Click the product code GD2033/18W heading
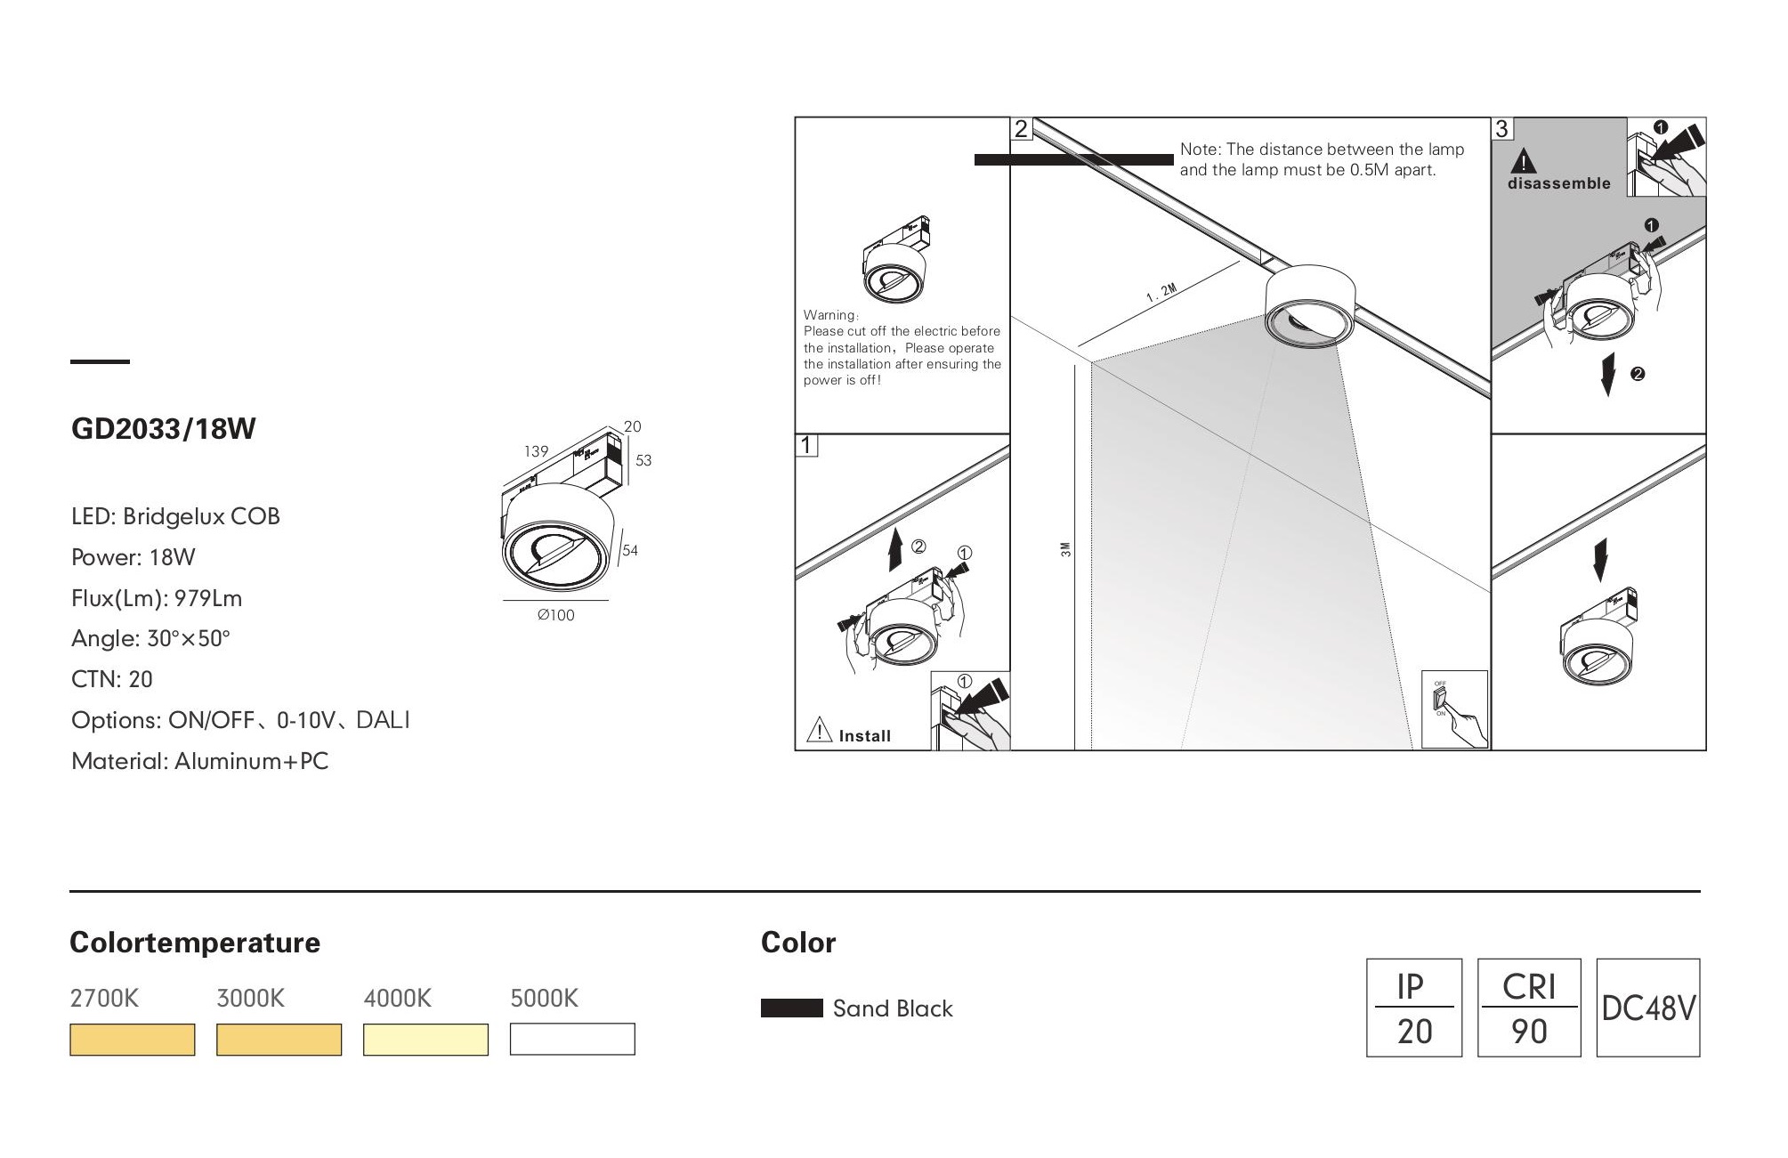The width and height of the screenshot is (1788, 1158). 163,429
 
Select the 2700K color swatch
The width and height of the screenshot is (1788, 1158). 132,1040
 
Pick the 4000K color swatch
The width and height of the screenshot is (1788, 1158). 425,1040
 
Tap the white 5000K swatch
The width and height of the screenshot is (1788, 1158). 572,1040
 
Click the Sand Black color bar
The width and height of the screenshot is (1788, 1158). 791,1008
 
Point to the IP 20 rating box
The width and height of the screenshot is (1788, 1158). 1413,1008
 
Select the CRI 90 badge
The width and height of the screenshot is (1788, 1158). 1528,1008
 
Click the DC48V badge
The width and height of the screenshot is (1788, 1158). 1647,1008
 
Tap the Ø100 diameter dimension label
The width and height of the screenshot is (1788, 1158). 556,615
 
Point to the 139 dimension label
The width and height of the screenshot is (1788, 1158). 536,451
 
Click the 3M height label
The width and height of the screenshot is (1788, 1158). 1066,550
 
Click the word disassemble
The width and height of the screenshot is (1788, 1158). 1558,183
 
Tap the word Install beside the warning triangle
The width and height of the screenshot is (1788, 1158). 864,736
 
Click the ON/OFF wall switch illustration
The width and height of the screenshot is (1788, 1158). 1454,709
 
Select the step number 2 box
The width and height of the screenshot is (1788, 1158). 1021,129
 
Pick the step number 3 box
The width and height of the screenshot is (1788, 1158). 1502,129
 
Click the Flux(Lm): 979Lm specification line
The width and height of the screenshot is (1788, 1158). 157,598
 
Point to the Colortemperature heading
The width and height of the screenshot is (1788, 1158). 195,943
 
